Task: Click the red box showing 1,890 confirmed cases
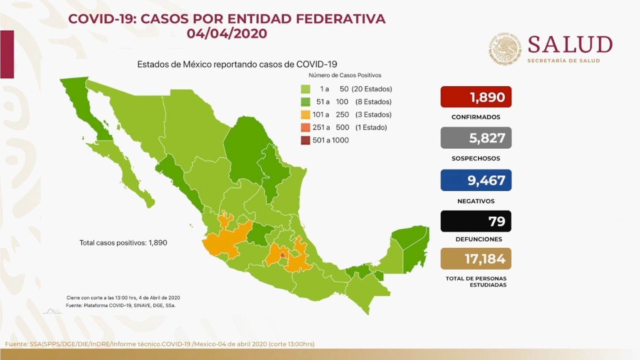476,97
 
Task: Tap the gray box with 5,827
476,138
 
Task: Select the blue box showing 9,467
476,180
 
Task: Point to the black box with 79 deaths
476,221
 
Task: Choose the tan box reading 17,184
476,258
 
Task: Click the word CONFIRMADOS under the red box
476,117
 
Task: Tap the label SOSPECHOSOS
476,158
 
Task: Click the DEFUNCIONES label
478,239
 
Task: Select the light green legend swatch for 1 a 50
305,89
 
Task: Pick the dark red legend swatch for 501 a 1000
305,140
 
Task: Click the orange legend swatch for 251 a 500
305,127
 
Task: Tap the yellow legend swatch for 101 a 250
305,115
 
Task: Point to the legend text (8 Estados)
373,102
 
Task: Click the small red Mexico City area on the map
283,255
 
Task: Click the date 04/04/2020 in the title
227,33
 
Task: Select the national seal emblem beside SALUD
505,49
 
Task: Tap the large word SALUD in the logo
570,45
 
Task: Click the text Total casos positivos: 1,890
123,243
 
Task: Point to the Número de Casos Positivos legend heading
344,75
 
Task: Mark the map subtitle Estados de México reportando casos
237,64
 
